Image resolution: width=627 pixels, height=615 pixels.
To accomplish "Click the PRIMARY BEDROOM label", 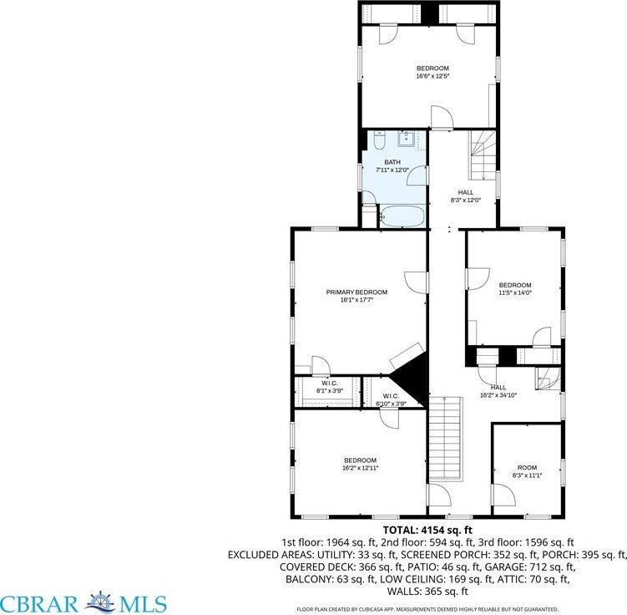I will point(356,292).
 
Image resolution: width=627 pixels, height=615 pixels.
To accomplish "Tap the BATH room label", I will point(392,162).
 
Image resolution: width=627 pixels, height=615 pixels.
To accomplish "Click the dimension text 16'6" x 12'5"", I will point(432,76).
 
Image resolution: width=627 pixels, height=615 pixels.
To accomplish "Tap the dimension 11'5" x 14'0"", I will point(515,292).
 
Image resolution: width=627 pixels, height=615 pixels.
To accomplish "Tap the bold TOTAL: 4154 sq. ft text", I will point(427,530).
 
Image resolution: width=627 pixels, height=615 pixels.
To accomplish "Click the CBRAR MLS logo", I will point(83,602).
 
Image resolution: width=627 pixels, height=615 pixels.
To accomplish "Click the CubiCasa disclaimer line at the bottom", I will point(427,608).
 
